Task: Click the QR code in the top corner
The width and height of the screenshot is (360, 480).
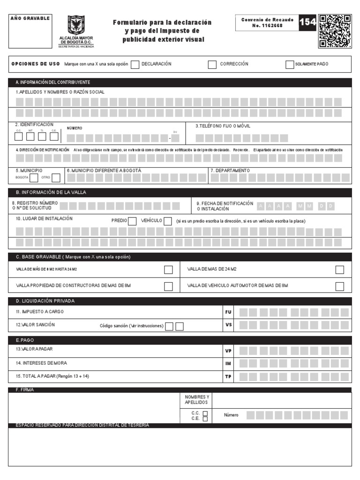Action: pyautogui.click(x=335, y=31)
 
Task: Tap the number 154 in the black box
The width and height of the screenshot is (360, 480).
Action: pyautogui.click(x=307, y=22)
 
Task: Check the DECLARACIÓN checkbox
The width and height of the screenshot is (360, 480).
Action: pyautogui.click(x=135, y=65)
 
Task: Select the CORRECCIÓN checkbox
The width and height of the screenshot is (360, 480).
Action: pyautogui.click(x=212, y=65)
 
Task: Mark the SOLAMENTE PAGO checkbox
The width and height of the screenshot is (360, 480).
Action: pyautogui.click(x=290, y=65)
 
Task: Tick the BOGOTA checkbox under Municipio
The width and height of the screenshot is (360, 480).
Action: pyautogui.click(x=34, y=178)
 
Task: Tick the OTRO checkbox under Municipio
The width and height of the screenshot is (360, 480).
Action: pyautogui.click(x=56, y=178)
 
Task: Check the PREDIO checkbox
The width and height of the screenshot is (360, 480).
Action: pyautogui.click(x=132, y=221)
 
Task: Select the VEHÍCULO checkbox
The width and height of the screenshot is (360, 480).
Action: pyautogui.click(x=168, y=221)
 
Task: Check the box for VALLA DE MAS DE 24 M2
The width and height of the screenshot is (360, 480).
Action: pyautogui.click(x=340, y=270)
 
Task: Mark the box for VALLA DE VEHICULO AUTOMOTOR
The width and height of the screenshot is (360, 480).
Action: pyautogui.click(x=340, y=286)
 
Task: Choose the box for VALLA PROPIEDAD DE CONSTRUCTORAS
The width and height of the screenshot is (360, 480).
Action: pyautogui.click(x=168, y=286)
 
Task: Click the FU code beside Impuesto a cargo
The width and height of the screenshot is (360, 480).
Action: pyautogui.click(x=228, y=312)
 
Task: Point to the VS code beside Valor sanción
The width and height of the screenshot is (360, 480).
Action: pyautogui.click(x=228, y=324)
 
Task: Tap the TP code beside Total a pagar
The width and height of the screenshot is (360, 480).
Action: pyautogui.click(x=228, y=376)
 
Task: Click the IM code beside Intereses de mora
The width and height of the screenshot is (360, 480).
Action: pyautogui.click(x=228, y=363)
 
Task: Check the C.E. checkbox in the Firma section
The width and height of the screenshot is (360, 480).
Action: pyautogui.click(x=205, y=419)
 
